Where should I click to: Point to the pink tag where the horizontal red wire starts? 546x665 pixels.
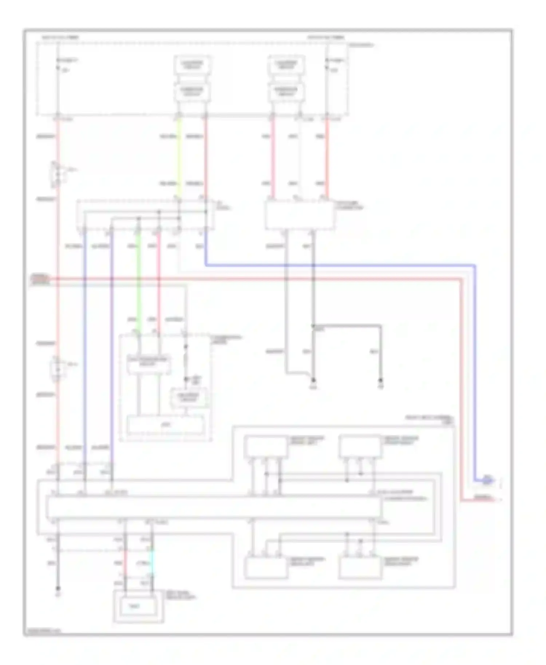tap(39, 279)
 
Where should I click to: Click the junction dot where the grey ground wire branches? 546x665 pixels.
tap(313, 326)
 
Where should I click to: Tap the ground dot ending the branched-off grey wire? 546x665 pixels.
tap(380, 381)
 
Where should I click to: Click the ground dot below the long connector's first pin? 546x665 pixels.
tap(58, 588)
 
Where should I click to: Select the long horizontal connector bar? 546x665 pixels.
tap(214, 507)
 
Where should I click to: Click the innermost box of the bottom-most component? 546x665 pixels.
tap(138, 606)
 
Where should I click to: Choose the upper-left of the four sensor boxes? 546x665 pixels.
tap(266, 447)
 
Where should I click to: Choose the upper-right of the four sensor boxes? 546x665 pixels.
tap(360, 447)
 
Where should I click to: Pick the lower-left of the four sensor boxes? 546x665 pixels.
tap(266, 568)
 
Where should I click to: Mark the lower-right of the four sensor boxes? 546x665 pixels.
tap(360, 568)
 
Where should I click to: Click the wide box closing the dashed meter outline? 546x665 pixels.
tap(166, 425)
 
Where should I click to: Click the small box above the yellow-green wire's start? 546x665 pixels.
tap(192, 92)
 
